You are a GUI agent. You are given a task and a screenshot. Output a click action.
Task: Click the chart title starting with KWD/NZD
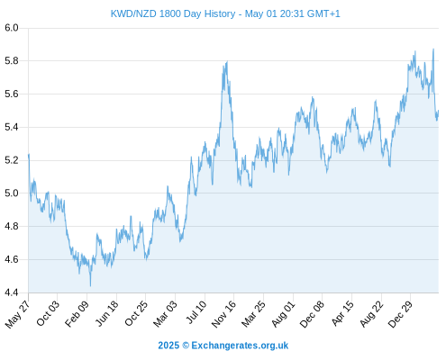(225, 13)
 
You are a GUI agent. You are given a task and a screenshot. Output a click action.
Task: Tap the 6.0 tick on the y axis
(12, 28)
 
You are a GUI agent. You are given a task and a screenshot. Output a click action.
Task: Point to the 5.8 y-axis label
(12, 61)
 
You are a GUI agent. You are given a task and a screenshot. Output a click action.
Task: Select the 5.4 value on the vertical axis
(12, 127)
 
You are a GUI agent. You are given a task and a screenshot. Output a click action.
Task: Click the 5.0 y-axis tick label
(12, 193)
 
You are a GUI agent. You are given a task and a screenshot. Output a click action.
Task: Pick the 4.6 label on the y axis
(12, 259)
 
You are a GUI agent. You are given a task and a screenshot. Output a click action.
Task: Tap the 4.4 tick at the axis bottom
(12, 292)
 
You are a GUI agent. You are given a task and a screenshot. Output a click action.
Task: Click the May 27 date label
(17, 314)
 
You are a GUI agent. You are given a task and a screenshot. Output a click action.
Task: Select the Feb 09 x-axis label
(77, 313)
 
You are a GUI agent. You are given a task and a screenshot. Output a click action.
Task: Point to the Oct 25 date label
(136, 313)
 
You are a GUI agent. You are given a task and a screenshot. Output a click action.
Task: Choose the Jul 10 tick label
(196, 312)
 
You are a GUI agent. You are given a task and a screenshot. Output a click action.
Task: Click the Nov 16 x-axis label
(223, 314)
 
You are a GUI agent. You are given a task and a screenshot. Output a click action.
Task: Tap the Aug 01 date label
(283, 314)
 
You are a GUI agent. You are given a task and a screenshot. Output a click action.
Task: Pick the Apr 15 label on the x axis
(343, 313)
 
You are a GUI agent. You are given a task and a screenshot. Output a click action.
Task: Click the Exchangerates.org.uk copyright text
(223, 346)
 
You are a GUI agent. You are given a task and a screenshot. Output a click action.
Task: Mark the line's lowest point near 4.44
(90, 286)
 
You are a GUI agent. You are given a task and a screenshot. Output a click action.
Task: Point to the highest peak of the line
(433, 49)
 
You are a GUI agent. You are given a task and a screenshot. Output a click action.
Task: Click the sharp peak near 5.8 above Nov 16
(227, 61)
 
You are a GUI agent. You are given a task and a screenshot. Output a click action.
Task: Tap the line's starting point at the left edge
(29, 155)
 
